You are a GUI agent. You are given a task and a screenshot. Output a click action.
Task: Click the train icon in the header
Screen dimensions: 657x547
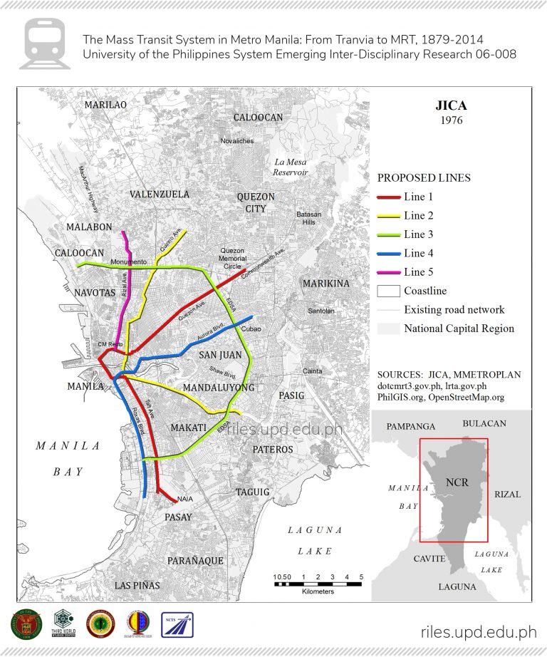click(x=44, y=43)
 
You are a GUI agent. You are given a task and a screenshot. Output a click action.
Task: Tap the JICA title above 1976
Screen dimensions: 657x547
click(x=451, y=106)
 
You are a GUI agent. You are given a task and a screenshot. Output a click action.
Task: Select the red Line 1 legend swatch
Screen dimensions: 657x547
click(x=387, y=197)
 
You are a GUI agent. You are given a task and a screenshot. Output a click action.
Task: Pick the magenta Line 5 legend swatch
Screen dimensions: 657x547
click(x=387, y=272)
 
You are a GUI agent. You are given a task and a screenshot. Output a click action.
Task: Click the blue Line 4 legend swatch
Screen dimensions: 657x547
click(x=387, y=253)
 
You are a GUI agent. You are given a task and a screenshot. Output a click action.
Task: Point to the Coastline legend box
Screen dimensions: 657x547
click(x=387, y=291)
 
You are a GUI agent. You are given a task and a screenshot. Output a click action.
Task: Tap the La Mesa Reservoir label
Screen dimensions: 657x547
click(x=291, y=167)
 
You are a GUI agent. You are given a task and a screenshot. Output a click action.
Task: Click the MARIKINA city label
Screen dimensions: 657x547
click(x=326, y=284)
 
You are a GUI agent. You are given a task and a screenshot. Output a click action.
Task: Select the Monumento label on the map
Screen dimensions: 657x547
click(x=128, y=262)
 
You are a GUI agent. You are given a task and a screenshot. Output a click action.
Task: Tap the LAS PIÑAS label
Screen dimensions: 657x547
click(x=137, y=585)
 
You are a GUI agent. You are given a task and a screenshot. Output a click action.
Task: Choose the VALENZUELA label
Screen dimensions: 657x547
click(x=160, y=194)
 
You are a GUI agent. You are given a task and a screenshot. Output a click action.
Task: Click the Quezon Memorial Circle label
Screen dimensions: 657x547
click(x=232, y=258)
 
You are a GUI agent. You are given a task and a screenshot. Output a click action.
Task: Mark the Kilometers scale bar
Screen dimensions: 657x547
click(x=318, y=584)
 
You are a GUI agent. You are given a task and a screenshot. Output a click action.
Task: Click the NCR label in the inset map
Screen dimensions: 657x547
click(x=457, y=482)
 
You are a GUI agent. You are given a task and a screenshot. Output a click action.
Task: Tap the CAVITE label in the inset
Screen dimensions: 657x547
click(x=429, y=559)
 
